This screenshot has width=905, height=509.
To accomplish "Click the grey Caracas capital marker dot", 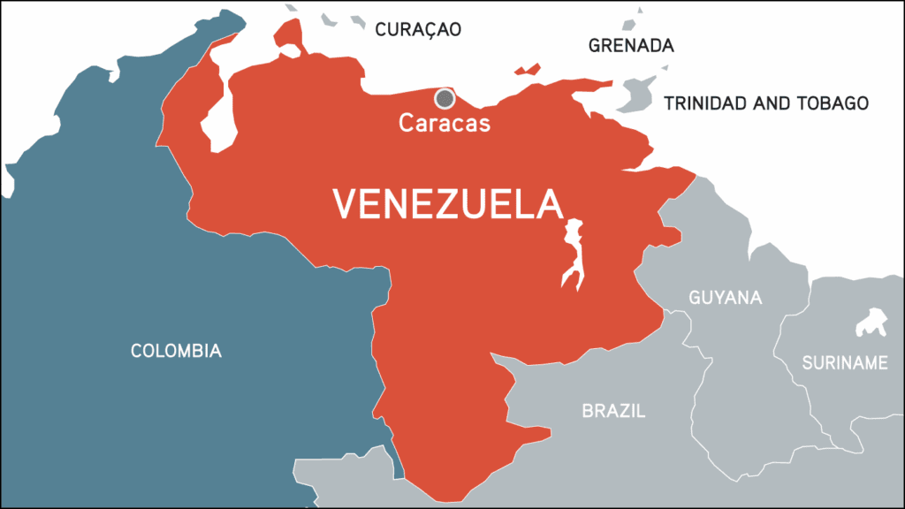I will click(x=445, y=97).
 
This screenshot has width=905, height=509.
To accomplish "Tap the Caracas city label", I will click(x=445, y=123).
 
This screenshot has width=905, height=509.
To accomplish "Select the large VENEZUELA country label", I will click(x=447, y=205).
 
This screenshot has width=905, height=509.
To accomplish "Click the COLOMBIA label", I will click(x=176, y=351).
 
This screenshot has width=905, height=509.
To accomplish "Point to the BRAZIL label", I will click(x=613, y=411).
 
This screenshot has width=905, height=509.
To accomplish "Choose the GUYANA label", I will click(x=725, y=298).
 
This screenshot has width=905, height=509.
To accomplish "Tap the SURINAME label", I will click(x=845, y=363).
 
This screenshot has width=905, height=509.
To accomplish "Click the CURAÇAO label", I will click(x=418, y=29).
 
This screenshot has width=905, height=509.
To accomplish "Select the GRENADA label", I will click(x=631, y=45).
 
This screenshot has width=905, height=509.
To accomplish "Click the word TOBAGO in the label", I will click(x=834, y=103).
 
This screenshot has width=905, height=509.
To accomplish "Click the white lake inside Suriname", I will click(x=871, y=323).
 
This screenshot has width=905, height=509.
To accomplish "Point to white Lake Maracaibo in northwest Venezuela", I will click(x=219, y=124).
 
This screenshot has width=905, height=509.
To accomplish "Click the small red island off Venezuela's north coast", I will click(x=528, y=69).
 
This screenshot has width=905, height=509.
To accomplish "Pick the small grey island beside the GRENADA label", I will click(x=637, y=18).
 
